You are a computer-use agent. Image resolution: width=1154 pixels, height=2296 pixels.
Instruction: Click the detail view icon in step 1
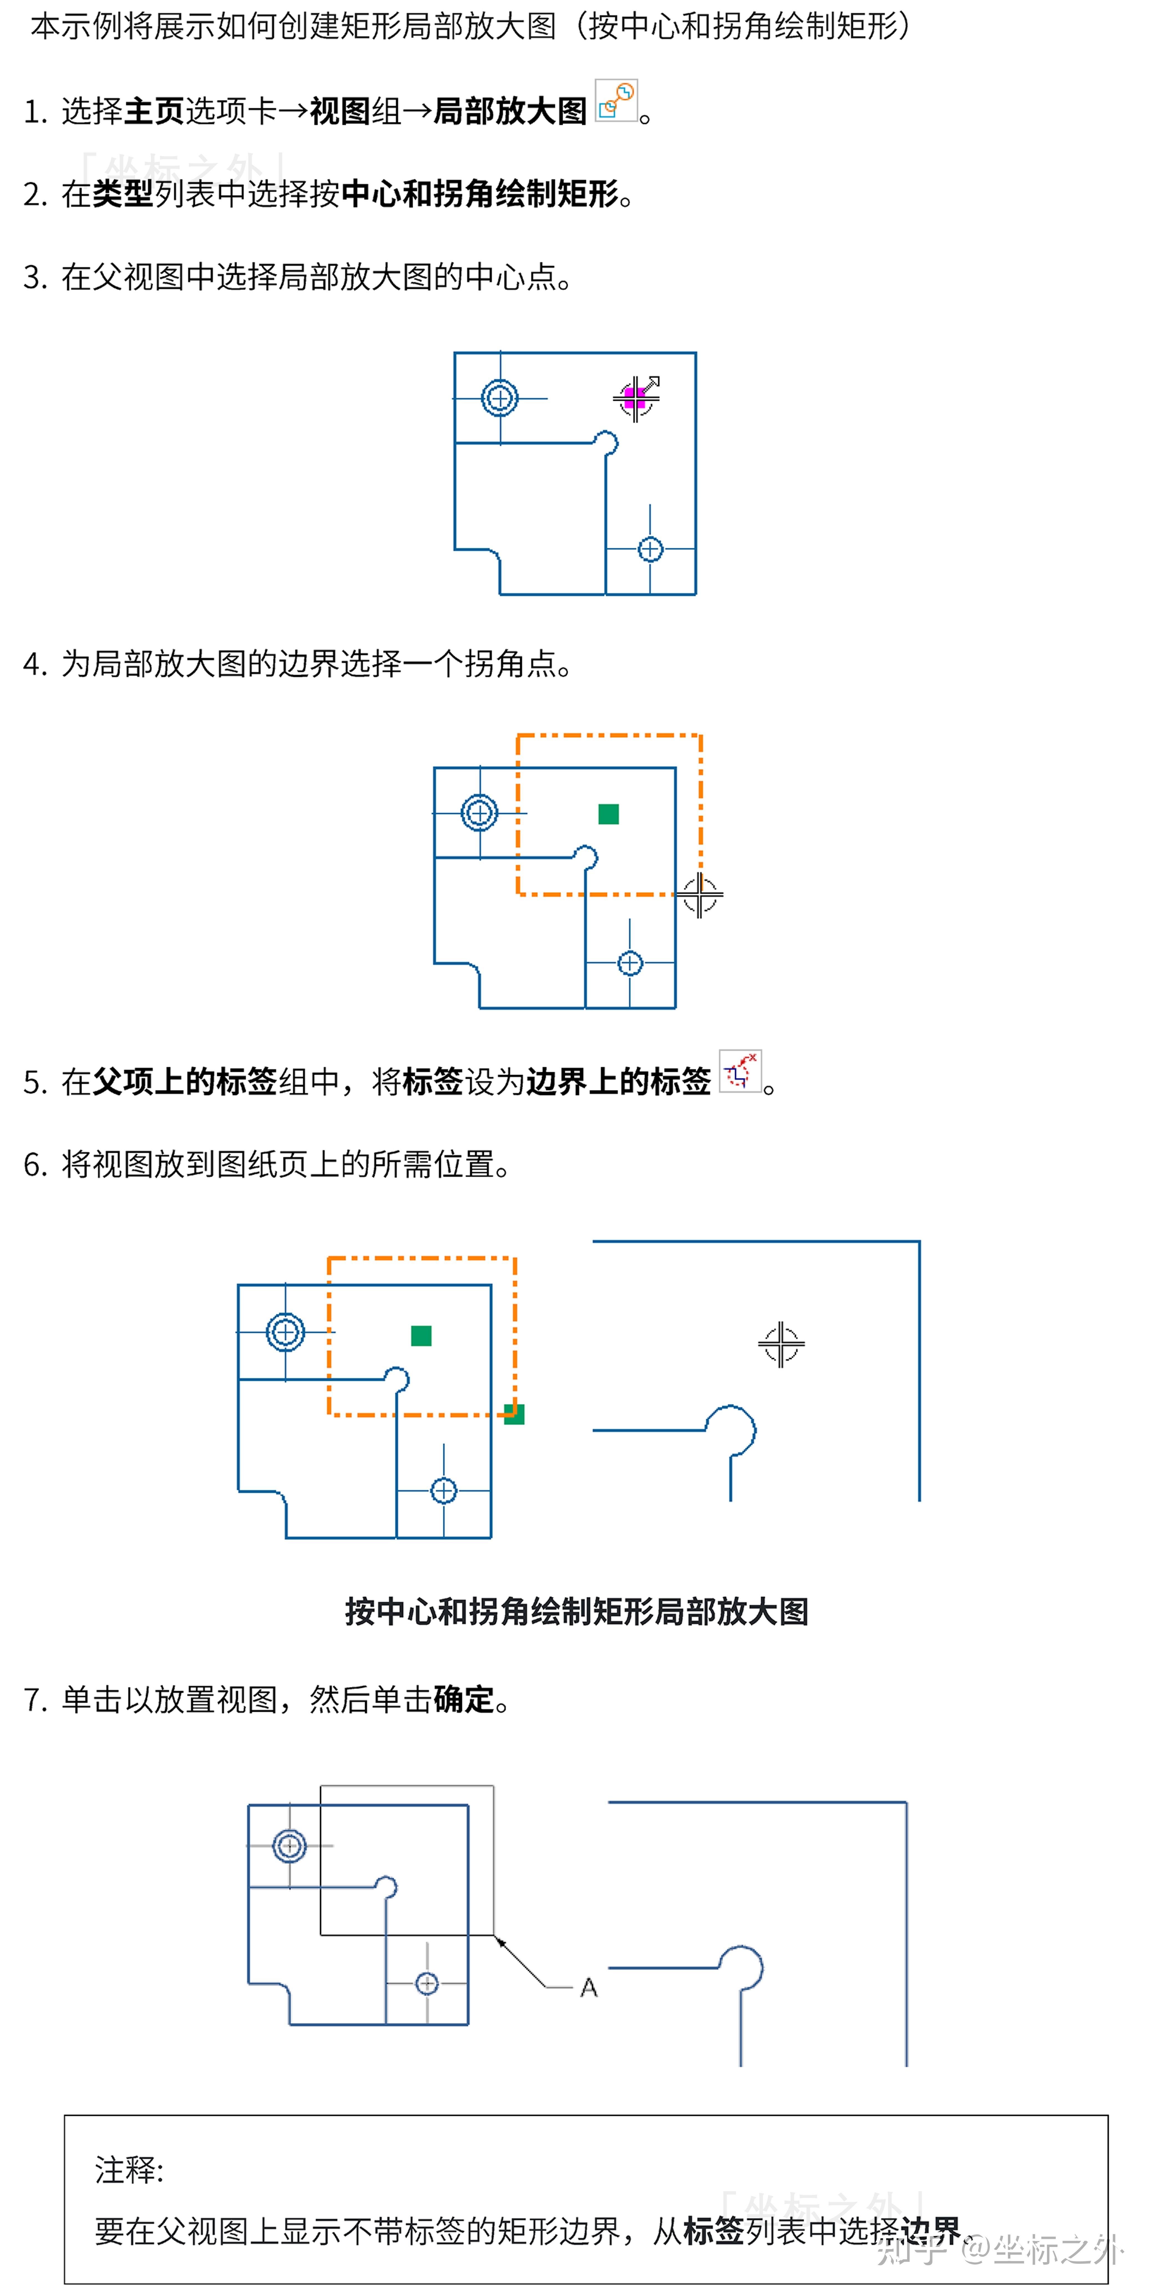point(615,101)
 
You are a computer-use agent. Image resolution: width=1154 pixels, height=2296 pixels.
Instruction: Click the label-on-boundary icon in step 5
point(739,1070)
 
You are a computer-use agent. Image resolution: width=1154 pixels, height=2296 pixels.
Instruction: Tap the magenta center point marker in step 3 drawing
point(634,398)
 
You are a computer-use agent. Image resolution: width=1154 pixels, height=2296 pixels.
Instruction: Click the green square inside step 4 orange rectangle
point(608,814)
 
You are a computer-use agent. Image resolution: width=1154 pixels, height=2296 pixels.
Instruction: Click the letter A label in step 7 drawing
point(589,1988)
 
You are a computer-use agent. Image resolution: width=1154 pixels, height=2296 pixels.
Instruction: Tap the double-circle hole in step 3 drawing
point(499,398)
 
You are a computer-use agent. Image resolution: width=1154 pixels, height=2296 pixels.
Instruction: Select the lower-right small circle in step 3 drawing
point(650,549)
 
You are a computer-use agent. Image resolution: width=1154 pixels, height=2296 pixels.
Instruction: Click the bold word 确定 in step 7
point(463,1700)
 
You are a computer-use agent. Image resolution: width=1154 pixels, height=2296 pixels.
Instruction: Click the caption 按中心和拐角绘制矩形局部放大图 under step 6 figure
point(576,1612)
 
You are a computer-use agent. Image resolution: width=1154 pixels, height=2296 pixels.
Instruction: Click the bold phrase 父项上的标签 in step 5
point(184,1081)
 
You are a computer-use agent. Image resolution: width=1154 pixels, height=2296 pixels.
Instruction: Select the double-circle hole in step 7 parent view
point(289,1845)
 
